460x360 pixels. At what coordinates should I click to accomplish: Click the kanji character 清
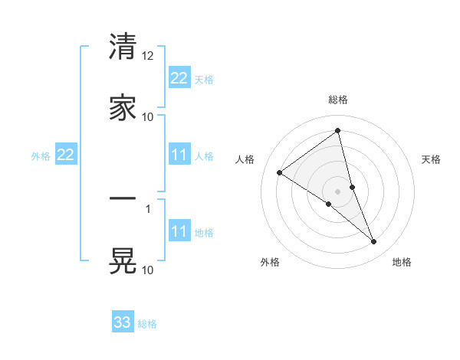tap(123, 47)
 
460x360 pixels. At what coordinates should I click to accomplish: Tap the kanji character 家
tap(123, 107)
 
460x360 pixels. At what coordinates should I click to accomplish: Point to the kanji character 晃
tap(123, 260)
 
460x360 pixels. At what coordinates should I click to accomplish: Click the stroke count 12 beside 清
tap(148, 56)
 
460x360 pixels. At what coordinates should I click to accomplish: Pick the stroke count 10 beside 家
tap(148, 116)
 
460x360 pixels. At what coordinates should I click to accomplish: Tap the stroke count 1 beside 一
tap(149, 208)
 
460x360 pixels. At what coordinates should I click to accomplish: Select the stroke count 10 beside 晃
tap(148, 270)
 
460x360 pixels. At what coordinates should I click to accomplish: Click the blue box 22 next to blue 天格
tap(179, 78)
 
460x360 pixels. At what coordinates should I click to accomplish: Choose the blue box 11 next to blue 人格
tap(179, 155)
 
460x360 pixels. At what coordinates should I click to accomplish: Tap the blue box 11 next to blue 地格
tap(179, 231)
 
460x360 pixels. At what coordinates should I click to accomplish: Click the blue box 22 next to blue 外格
tap(66, 155)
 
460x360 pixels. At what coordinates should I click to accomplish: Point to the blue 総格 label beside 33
tap(147, 324)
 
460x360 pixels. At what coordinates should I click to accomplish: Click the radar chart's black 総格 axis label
tap(338, 100)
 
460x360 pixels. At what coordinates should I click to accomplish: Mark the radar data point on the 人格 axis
tap(280, 172)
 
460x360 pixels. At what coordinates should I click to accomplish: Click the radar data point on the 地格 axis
tap(374, 242)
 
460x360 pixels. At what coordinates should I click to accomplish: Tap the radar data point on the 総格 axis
tap(338, 131)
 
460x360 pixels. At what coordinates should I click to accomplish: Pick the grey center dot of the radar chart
tap(338, 191)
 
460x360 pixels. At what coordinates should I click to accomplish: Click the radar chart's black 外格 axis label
tap(269, 263)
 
